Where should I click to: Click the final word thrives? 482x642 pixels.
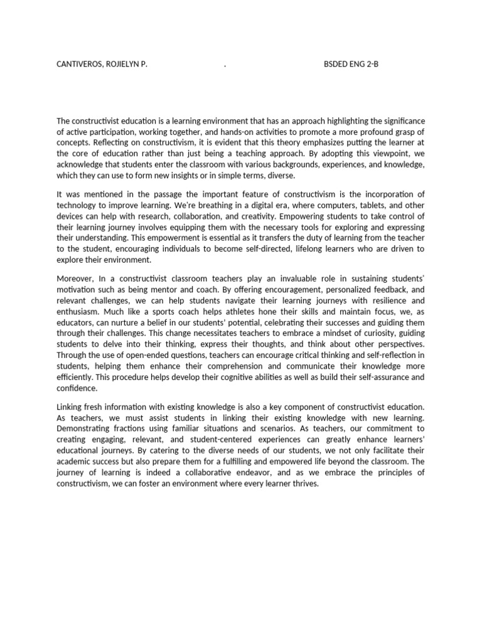304,485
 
